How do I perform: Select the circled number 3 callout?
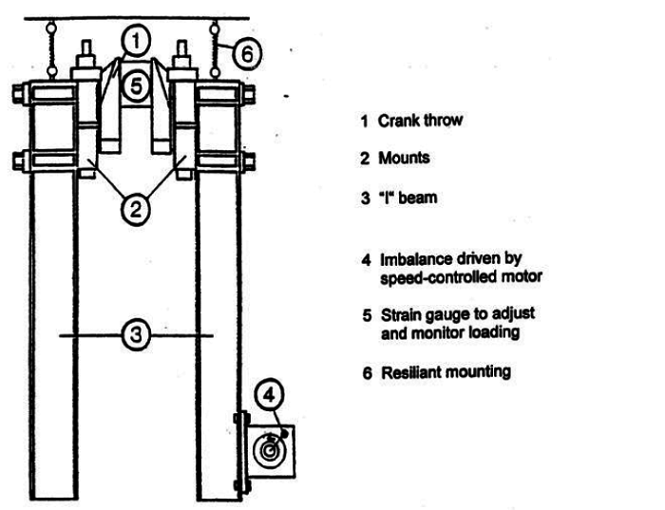[x=137, y=334]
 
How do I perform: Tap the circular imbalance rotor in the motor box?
[x=270, y=447]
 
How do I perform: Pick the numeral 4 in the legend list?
[x=365, y=259]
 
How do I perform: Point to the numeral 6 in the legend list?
[x=365, y=371]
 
